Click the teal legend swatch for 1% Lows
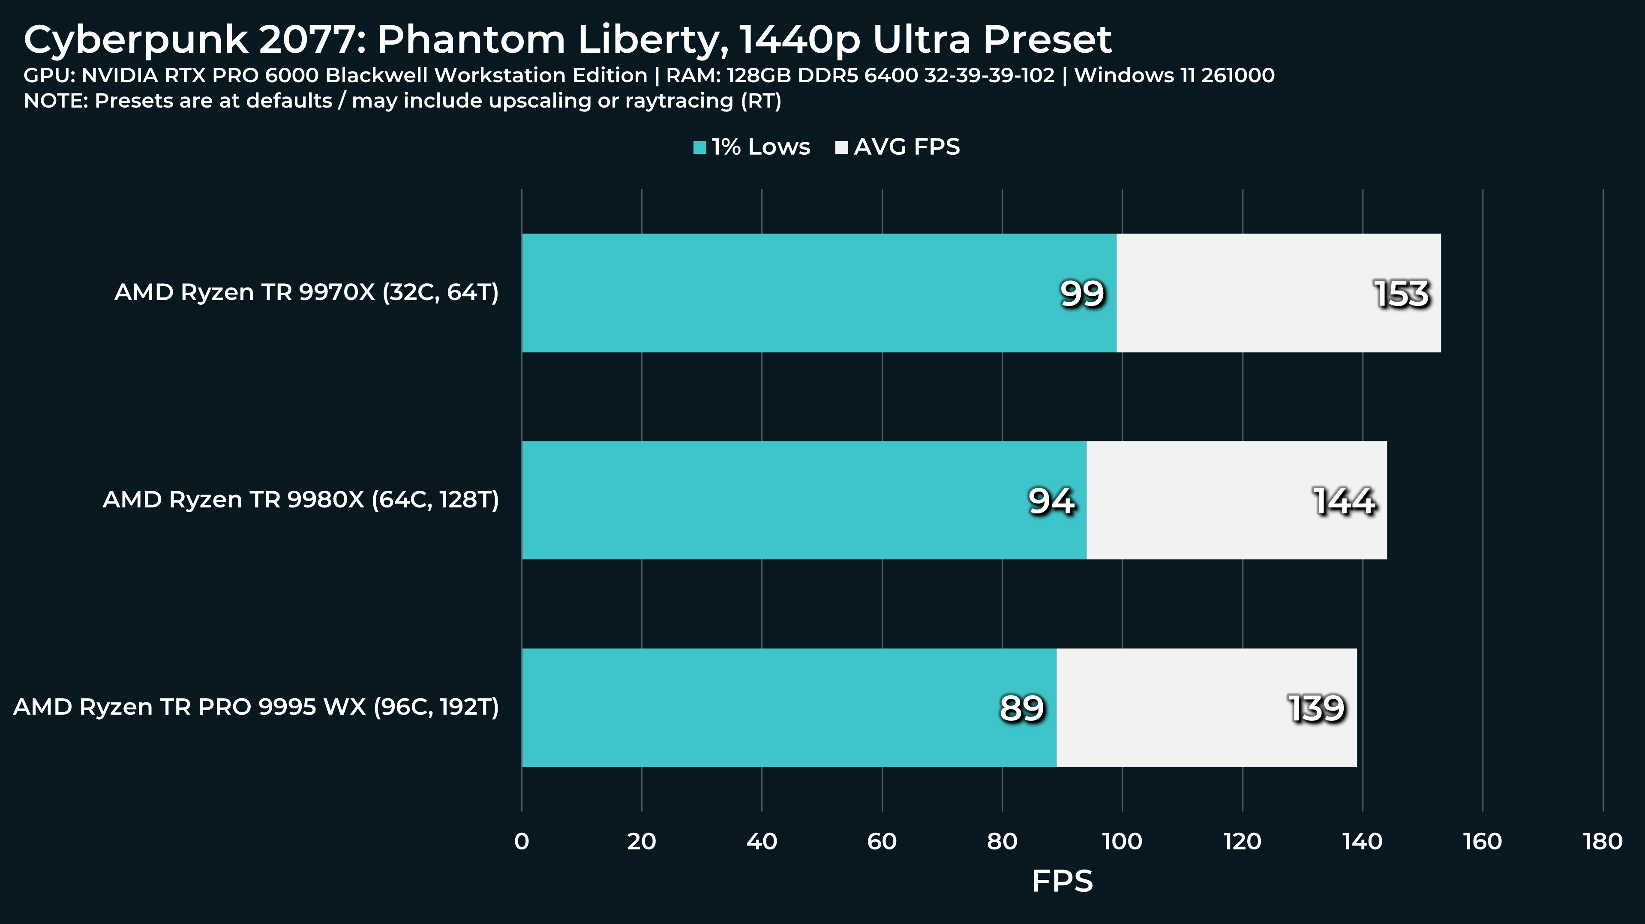pyautogui.click(x=700, y=147)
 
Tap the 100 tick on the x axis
pyautogui.click(x=1122, y=842)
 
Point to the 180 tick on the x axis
pyautogui.click(x=1602, y=842)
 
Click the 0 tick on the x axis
pyautogui.click(x=522, y=842)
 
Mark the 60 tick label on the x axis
pyautogui.click(x=882, y=842)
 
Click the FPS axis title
pyautogui.click(x=1062, y=881)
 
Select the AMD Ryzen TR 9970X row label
pyautogui.click(x=306, y=292)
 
